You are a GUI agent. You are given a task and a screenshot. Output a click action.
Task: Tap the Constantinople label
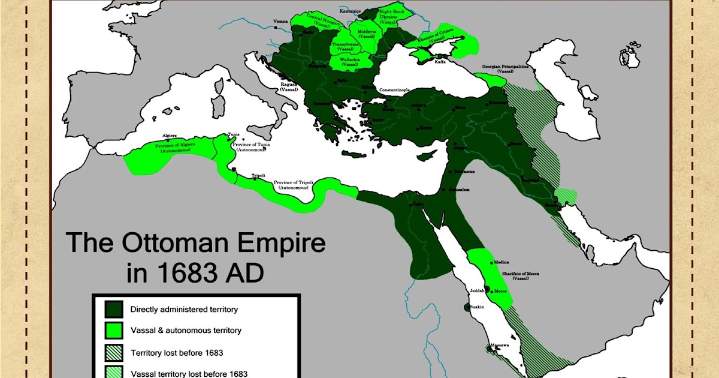pyautogui.click(x=392, y=89)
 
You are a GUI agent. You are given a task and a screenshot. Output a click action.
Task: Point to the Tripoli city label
pyautogui.click(x=258, y=175)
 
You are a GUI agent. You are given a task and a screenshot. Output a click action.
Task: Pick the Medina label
pyautogui.click(x=502, y=263)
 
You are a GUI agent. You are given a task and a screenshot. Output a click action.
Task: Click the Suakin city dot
pyautogui.click(x=467, y=307)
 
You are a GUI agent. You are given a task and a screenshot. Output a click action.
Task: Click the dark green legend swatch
pyautogui.click(x=114, y=310)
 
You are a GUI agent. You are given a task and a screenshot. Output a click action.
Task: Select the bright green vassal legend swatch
pyautogui.click(x=114, y=330)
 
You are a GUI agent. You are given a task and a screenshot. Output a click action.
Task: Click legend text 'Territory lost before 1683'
pyautogui.click(x=177, y=352)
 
